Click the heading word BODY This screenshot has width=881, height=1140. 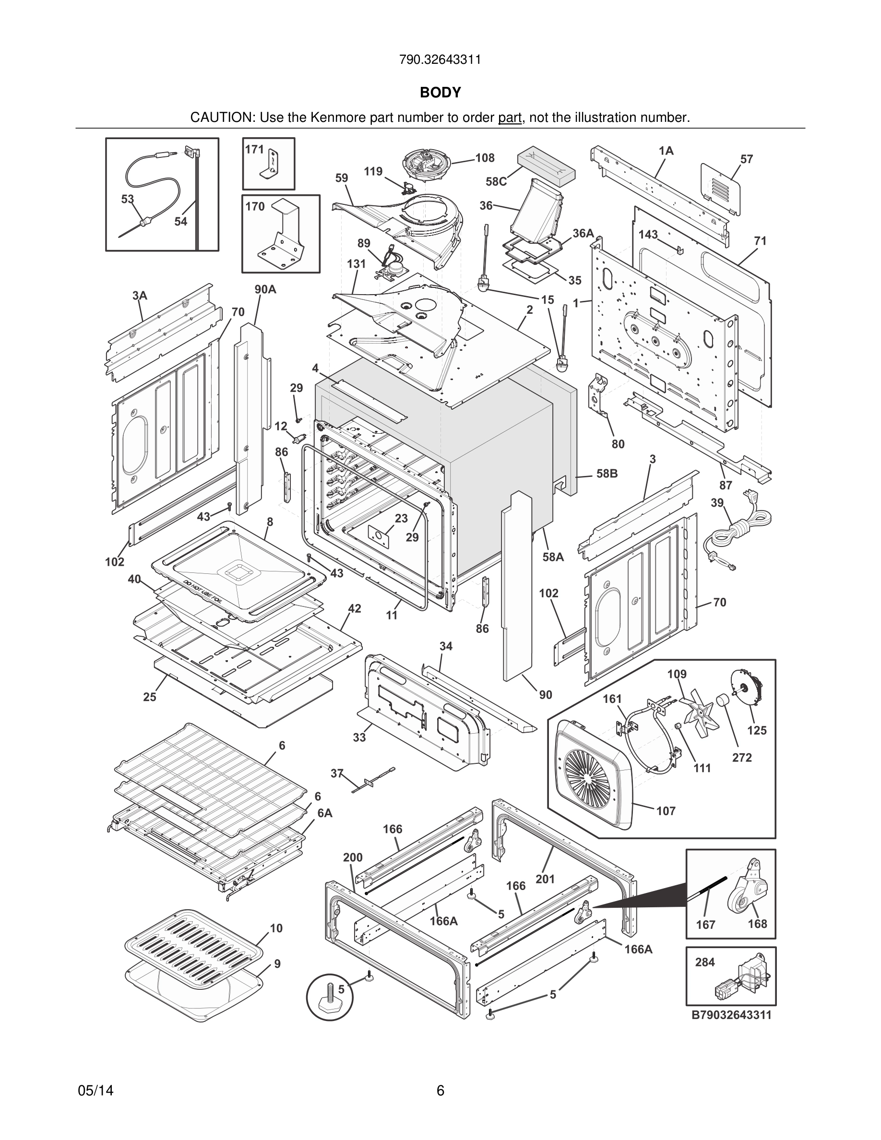pyautogui.click(x=440, y=93)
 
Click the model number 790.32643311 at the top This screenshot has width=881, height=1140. pyautogui.click(x=440, y=59)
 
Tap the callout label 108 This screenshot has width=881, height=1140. pyautogui.click(x=485, y=158)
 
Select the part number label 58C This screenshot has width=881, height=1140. pyautogui.click(x=496, y=182)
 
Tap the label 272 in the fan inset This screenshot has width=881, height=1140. pyautogui.click(x=742, y=758)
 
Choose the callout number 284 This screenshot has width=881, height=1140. pyautogui.click(x=704, y=962)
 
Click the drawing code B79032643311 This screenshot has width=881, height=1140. pyautogui.click(x=731, y=1015)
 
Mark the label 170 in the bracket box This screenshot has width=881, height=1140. pyautogui.click(x=255, y=207)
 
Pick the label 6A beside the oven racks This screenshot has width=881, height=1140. pyautogui.click(x=325, y=813)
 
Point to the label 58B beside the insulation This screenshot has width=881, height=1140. pyautogui.click(x=607, y=474)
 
